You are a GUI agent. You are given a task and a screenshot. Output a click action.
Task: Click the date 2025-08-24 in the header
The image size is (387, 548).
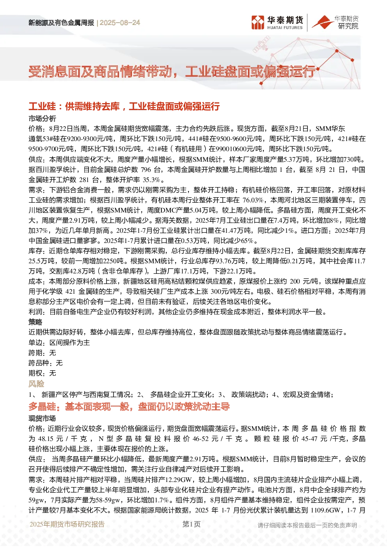120,23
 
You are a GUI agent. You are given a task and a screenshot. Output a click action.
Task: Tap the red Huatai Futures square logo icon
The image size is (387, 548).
257,23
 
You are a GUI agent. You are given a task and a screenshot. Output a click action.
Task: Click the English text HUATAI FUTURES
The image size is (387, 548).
285,28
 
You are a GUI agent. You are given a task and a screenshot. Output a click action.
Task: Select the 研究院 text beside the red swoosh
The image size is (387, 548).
348,26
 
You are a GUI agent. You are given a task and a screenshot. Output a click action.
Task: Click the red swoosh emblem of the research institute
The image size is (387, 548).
323,22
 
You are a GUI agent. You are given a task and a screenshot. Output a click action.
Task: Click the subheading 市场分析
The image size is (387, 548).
42,119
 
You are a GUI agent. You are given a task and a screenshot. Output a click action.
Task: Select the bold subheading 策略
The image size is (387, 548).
36,322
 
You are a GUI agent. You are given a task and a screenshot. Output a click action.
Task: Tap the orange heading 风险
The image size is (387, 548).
36,384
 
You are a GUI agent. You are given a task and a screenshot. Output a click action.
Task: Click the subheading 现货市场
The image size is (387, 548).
42,418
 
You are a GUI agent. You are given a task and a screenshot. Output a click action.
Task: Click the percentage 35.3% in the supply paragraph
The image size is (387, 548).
151,180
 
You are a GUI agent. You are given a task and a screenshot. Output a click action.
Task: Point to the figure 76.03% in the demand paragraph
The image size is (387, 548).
253,200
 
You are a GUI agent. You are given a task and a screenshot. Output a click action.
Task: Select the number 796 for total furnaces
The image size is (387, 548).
146,170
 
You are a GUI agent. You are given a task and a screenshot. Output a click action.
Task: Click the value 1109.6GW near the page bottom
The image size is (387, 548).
326,510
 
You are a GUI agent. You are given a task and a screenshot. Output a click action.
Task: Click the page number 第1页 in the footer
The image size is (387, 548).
192,524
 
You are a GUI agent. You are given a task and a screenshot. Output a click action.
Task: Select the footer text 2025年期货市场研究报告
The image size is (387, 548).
67,524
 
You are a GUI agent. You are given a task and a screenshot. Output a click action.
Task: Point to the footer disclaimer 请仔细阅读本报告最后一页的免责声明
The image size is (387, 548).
307,525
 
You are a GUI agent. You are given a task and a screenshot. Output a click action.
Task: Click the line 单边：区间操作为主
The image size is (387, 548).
59,343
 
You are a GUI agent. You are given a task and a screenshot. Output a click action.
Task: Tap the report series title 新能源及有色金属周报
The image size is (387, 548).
61,23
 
